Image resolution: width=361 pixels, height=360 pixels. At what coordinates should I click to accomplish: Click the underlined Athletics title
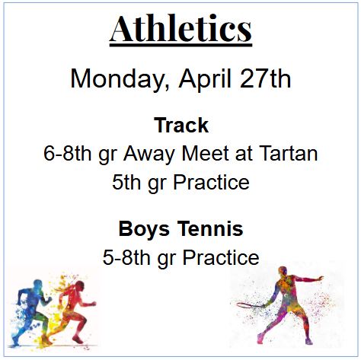point(180,29)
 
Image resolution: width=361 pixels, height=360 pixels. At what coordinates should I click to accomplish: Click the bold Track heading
point(180,125)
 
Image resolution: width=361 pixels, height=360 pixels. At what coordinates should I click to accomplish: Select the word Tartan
point(288,154)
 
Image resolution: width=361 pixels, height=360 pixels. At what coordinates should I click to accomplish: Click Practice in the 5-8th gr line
point(216,257)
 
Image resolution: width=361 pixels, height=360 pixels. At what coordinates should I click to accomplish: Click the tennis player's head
point(283,272)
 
